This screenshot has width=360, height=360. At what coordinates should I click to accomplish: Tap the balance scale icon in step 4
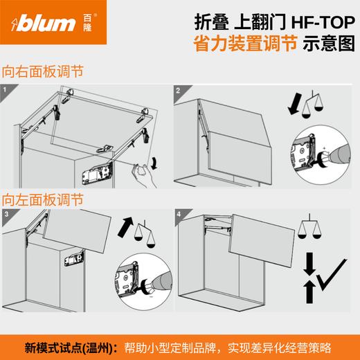309,228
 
